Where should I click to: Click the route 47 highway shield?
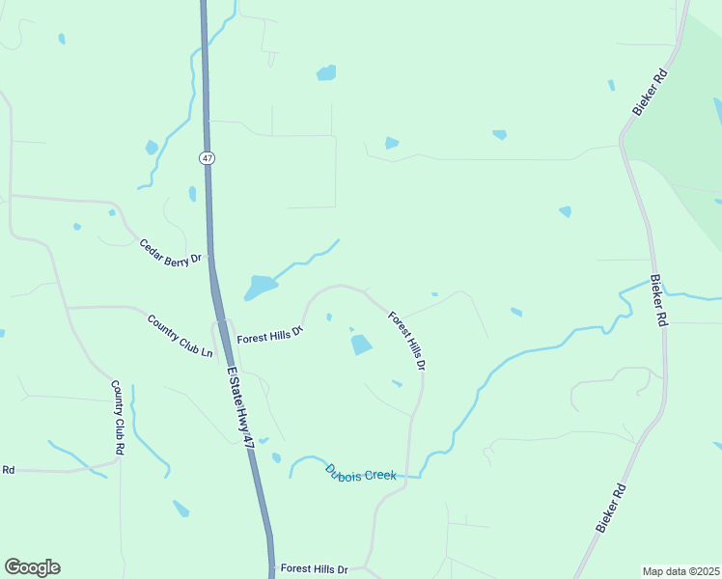208,157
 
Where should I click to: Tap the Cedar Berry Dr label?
170,251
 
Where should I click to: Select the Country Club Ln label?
180,335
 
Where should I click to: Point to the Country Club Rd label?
119,417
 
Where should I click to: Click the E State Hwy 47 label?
240,404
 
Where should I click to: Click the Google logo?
33,567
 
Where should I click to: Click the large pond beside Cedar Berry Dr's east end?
259,288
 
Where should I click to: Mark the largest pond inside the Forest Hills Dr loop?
361,345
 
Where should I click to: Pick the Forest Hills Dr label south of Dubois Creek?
313,569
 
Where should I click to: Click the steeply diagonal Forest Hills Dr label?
407,340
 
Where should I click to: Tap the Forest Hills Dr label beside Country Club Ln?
271,334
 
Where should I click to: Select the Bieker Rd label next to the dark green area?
651,93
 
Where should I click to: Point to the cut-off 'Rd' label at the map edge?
8,470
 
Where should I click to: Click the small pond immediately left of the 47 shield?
192,194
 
